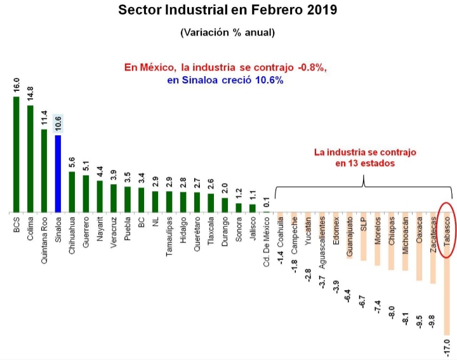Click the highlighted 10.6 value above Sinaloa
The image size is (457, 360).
click(58, 124)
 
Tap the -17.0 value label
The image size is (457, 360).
click(447, 348)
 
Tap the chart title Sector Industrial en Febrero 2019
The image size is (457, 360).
click(228, 11)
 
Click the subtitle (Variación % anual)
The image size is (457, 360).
click(228, 32)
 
